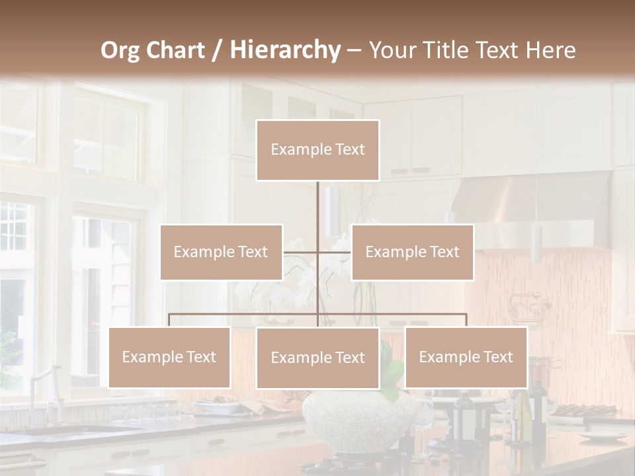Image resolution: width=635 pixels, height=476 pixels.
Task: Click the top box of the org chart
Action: tap(317, 150)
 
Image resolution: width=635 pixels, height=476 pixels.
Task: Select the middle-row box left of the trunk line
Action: tap(221, 252)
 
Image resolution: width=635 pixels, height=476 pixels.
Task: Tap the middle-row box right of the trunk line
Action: tap(412, 252)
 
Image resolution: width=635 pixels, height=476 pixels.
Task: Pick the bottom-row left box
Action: tap(169, 357)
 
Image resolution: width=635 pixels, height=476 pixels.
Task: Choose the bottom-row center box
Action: tap(317, 358)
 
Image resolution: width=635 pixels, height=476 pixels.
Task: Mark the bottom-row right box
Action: tap(466, 357)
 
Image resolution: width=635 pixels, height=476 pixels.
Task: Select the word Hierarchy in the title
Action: tap(285, 50)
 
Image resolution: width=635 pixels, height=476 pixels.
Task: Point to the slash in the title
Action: tap(217, 50)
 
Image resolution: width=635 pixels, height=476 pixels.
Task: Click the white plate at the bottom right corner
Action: tap(603, 436)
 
